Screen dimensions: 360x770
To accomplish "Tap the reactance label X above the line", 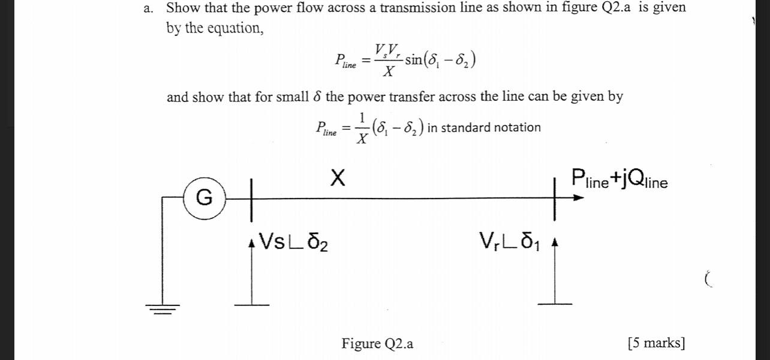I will (x=338, y=178).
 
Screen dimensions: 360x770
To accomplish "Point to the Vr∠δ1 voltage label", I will (x=510, y=242).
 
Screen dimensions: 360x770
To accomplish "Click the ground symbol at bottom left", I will (x=161, y=310).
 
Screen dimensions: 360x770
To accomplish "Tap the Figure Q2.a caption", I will (x=377, y=344).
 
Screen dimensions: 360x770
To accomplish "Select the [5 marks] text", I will (x=656, y=343).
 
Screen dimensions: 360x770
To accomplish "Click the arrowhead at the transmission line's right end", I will (x=578, y=197).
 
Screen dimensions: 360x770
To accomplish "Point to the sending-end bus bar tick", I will (x=252, y=197).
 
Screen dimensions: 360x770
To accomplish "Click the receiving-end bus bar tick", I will (x=555, y=197).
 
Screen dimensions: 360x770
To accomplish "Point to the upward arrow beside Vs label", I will (x=252, y=270).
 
